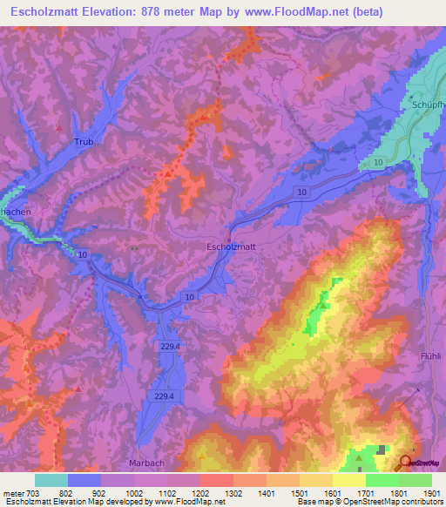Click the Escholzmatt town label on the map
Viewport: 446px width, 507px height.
[231, 247]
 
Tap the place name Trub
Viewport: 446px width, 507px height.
[84, 141]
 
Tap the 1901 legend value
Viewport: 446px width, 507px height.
[431, 492]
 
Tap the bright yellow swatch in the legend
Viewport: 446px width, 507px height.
[349, 480]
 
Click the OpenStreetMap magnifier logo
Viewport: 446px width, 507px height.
[407, 463]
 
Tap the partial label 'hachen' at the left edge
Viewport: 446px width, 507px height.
[13, 212]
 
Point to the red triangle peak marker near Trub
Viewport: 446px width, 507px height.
[59, 127]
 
